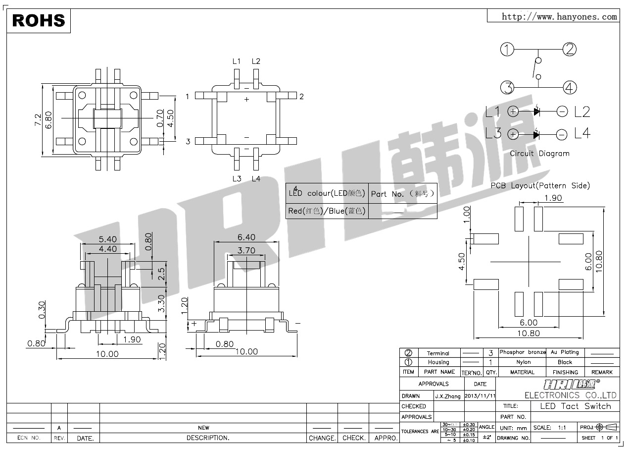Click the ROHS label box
click(x=39, y=20)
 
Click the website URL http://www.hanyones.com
click(x=559, y=17)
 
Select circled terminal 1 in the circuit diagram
click(x=507, y=50)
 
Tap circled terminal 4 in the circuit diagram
click(x=570, y=88)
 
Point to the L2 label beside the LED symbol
click(x=582, y=112)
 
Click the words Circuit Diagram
click(x=539, y=154)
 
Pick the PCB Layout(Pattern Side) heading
click(x=540, y=186)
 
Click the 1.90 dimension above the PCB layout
click(x=553, y=198)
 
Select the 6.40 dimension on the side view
click(x=246, y=237)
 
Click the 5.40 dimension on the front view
click(x=107, y=239)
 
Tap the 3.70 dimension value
click(x=246, y=250)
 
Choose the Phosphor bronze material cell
click(x=522, y=352)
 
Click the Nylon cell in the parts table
click(x=523, y=362)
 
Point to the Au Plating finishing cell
click(x=565, y=352)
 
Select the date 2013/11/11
click(x=480, y=396)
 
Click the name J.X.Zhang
click(x=447, y=396)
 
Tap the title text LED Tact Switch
click(x=575, y=406)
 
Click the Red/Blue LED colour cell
click(x=327, y=211)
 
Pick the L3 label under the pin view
click(x=237, y=178)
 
